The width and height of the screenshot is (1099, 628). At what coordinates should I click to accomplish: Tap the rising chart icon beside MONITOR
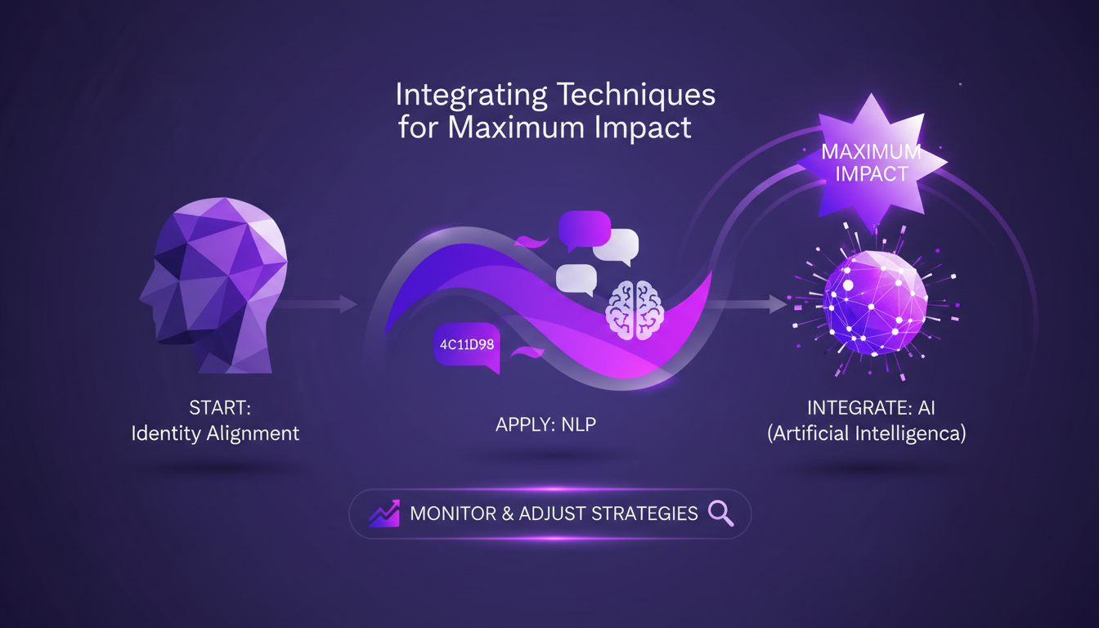click(x=384, y=513)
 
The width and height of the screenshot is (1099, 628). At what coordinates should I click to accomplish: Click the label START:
click(x=215, y=406)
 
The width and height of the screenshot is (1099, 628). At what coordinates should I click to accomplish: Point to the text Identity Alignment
click(x=215, y=433)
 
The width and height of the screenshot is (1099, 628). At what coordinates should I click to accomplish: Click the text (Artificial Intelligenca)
click(x=867, y=433)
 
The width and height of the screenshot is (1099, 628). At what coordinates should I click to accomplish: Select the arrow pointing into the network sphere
click(x=748, y=304)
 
